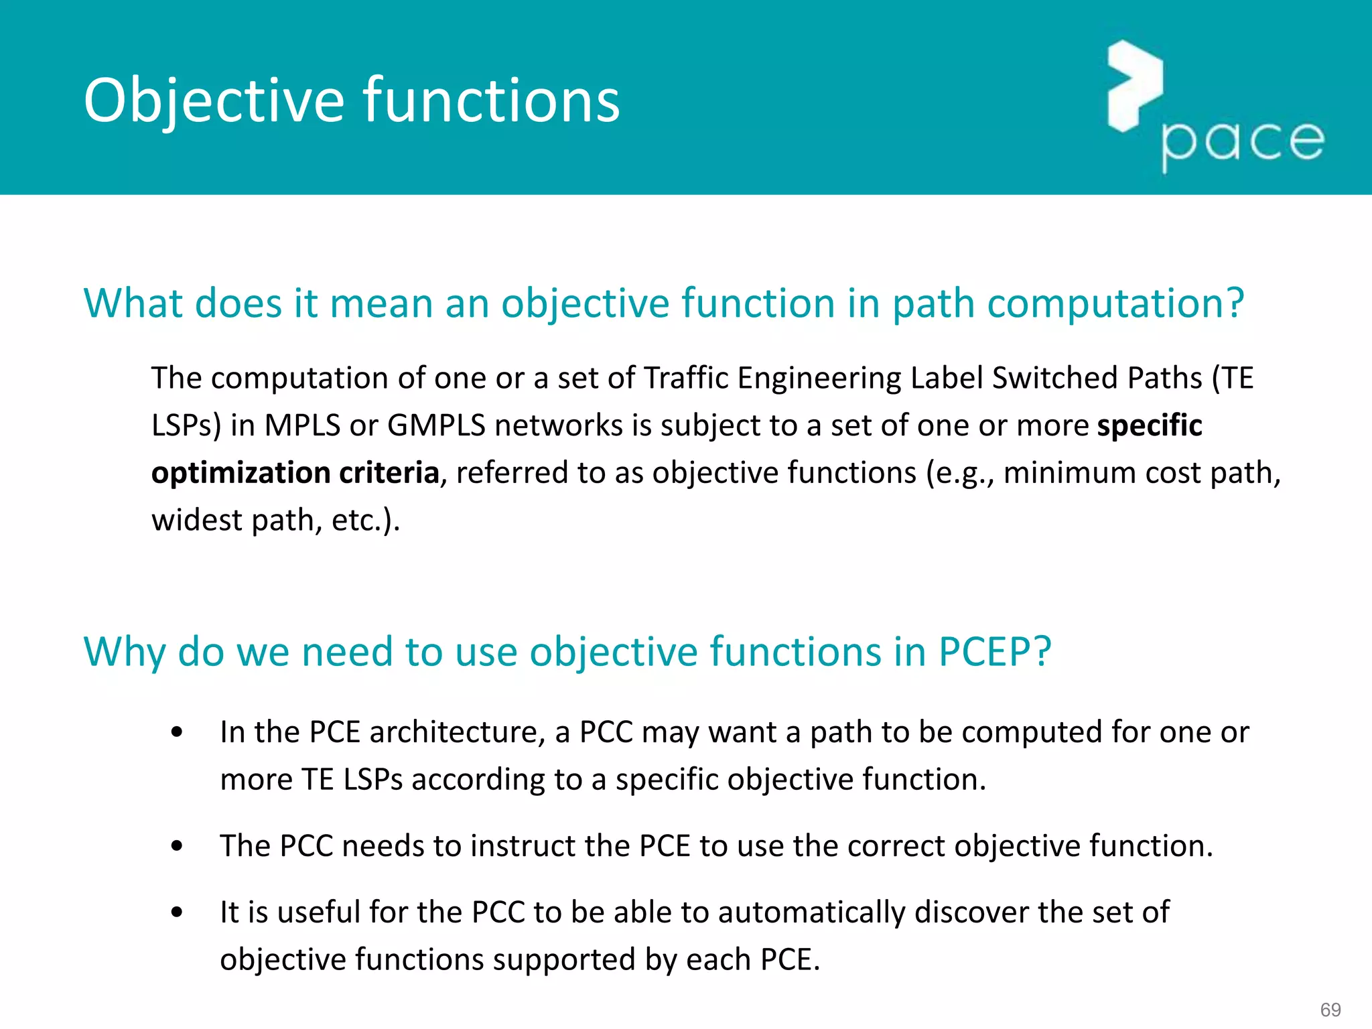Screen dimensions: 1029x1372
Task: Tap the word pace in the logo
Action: [1243, 142]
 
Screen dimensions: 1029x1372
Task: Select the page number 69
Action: [1330, 1010]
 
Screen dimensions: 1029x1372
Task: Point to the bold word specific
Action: [1150, 426]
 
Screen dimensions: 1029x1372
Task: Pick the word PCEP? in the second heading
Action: [994, 652]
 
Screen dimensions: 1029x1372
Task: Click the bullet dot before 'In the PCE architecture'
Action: [177, 732]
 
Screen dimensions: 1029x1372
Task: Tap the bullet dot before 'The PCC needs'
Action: [177, 846]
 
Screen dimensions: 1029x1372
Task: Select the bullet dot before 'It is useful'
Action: [177, 912]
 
